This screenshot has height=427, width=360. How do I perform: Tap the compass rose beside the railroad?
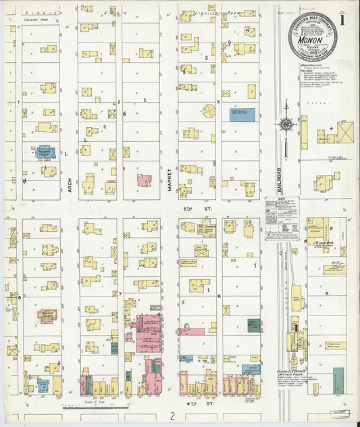click(286, 124)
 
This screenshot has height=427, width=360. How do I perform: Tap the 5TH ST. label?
click(188, 209)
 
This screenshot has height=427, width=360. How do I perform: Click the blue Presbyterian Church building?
click(45, 153)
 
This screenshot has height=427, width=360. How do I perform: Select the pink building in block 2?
click(144, 180)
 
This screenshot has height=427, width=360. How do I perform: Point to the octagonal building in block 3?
click(209, 111)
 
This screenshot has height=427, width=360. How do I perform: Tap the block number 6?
click(219, 296)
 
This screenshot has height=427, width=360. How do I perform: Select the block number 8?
click(20, 297)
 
